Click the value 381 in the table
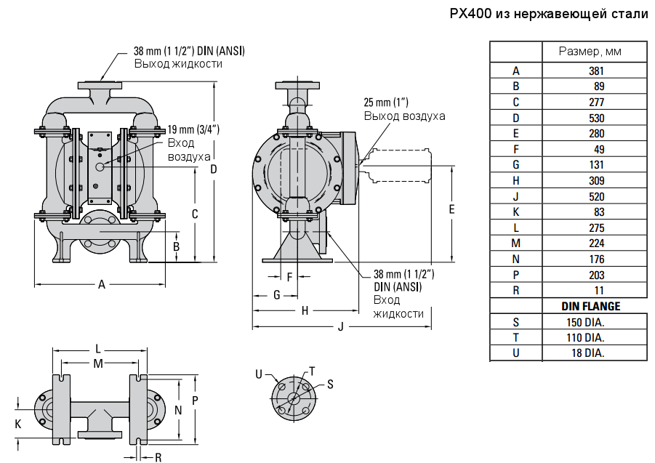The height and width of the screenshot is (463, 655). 596,71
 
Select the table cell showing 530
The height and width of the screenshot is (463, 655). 596,118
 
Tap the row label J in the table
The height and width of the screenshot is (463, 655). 516,212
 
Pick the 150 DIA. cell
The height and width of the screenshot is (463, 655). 596,322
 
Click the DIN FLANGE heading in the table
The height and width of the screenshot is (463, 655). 596,306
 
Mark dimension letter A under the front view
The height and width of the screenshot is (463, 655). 102,285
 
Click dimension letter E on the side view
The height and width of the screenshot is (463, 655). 451,209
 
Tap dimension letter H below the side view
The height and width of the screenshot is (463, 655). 305,310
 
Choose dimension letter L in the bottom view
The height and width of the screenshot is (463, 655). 98,348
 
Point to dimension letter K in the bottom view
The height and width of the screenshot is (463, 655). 18,422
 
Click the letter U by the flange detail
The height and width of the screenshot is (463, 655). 259,374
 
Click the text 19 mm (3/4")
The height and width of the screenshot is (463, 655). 193,129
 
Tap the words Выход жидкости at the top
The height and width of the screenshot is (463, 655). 177,64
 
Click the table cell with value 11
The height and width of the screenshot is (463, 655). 596,290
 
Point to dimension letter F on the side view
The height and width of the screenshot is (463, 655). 289,277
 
